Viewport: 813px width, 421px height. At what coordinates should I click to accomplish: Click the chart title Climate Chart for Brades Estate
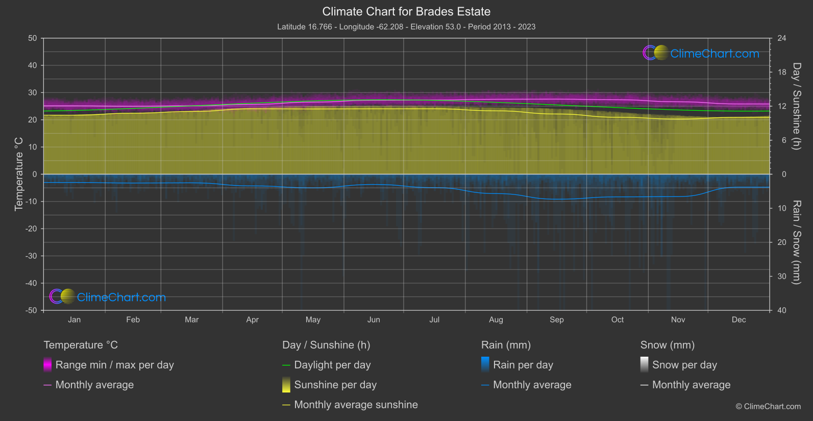(406, 11)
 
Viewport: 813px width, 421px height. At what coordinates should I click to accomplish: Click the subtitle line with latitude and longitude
(406, 27)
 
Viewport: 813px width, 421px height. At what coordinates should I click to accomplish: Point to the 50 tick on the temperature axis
(33, 38)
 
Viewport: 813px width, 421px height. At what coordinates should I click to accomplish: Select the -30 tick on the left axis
(31, 256)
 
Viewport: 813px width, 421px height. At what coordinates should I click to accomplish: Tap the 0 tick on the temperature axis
(35, 175)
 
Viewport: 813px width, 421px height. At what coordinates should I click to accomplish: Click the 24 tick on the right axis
(781, 38)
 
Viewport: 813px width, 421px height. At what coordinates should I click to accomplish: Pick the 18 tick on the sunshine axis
(781, 72)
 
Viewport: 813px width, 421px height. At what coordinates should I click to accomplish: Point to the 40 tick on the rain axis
(781, 310)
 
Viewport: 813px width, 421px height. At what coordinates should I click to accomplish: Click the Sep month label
(556, 320)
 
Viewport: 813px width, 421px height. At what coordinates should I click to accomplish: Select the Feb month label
(133, 320)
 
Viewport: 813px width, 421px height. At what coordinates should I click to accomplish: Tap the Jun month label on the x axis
(374, 320)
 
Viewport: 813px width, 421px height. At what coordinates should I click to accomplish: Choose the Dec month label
(738, 320)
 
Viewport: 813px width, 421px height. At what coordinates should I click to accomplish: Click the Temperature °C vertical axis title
(19, 174)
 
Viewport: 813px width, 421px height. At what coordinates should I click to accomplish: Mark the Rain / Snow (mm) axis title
(796, 242)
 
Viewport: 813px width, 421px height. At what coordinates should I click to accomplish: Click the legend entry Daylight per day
(332, 365)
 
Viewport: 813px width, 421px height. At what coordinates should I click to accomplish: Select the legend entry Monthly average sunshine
(356, 405)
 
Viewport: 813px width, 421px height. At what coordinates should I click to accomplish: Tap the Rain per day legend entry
(523, 365)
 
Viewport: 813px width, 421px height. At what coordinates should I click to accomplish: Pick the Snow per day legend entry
(684, 365)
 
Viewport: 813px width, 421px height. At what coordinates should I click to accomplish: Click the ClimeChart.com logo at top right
(702, 53)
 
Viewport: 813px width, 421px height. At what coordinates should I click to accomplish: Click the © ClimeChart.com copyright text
(768, 407)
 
